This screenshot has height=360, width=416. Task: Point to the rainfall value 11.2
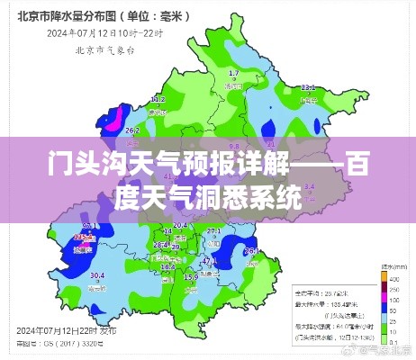[157, 98]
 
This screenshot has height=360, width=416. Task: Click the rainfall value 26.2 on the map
[131, 130]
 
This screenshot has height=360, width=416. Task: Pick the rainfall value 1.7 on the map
[234, 72]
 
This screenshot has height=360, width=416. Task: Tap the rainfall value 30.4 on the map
[96, 275]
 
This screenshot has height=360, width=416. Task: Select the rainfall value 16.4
[167, 267]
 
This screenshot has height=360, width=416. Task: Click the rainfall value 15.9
[191, 278]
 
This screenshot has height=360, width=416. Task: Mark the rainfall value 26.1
[251, 250]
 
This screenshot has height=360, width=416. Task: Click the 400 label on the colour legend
[394, 279]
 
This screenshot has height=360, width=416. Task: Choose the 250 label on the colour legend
[394, 290]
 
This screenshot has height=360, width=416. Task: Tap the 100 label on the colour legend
[394, 301]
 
